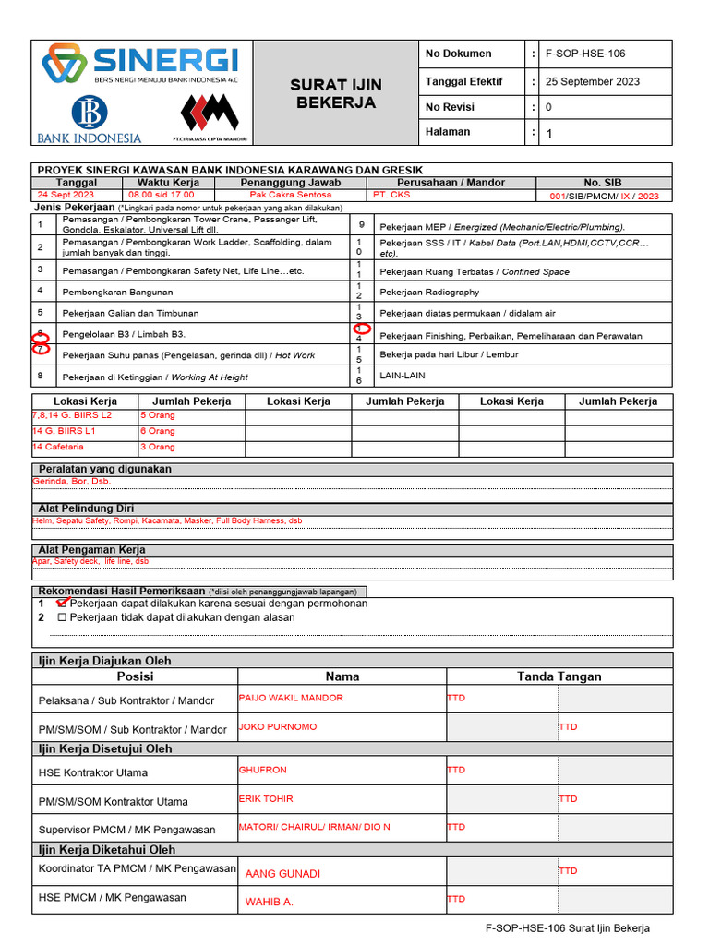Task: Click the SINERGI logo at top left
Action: tap(140, 66)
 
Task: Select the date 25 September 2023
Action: tap(593, 81)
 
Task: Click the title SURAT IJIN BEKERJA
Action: tap(336, 94)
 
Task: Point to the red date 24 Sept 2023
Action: tap(66, 195)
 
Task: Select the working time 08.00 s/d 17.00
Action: tap(162, 195)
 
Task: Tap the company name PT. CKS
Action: tap(391, 195)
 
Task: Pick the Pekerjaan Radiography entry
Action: tap(429, 293)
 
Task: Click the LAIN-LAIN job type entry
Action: tap(403, 376)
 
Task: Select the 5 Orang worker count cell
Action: tap(157, 415)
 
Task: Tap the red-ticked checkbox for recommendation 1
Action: tap(62, 603)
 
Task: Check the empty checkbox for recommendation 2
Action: tap(62, 617)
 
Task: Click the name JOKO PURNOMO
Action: tap(278, 727)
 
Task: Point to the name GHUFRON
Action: tap(263, 770)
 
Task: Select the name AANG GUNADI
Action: tap(282, 873)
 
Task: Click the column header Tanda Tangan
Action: tap(559, 676)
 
